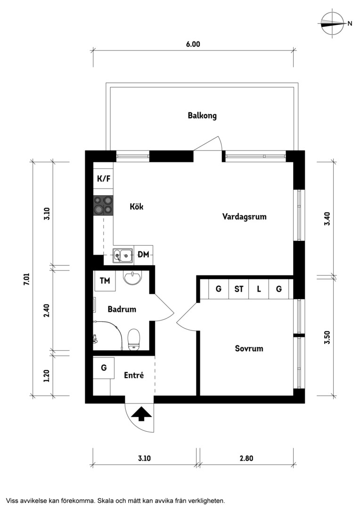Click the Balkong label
[202, 115]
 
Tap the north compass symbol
[332, 23]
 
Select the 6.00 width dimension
[193, 44]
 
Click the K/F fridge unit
[104, 179]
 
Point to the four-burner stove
[104, 206]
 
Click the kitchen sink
[123, 255]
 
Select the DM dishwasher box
[143, 254]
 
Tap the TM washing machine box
[105, 280]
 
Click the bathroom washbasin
[132, 278]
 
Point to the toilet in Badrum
[134, 339]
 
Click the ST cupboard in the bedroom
[239, 288]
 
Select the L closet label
[259, 288]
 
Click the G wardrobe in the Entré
[104, 368]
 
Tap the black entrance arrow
[141, 414]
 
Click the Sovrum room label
[249, 349]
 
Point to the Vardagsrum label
[244, 216]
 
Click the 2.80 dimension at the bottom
[246, 459]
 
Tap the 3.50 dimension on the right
[327, 337]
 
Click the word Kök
[136, 206]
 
